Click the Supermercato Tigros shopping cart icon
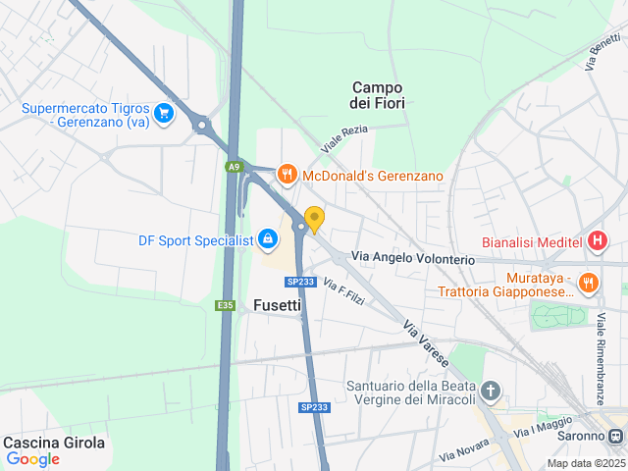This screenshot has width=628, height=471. [164, 114]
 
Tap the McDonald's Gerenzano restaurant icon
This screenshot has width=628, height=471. [287, 176]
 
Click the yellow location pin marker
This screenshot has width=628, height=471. [314, 220]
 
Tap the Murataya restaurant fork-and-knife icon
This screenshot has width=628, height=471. [588, 283]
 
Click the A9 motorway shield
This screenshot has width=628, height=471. [234, 167]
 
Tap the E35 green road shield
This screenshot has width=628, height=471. [226, 305]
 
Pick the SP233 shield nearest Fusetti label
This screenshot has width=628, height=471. [299, 282]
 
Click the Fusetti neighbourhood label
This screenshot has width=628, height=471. [277, 304]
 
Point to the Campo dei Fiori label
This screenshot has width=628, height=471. [378, 94]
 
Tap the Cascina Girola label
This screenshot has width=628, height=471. [54, 443]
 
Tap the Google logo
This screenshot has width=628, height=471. [32, 459]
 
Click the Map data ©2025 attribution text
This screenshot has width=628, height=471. [585, 463]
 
